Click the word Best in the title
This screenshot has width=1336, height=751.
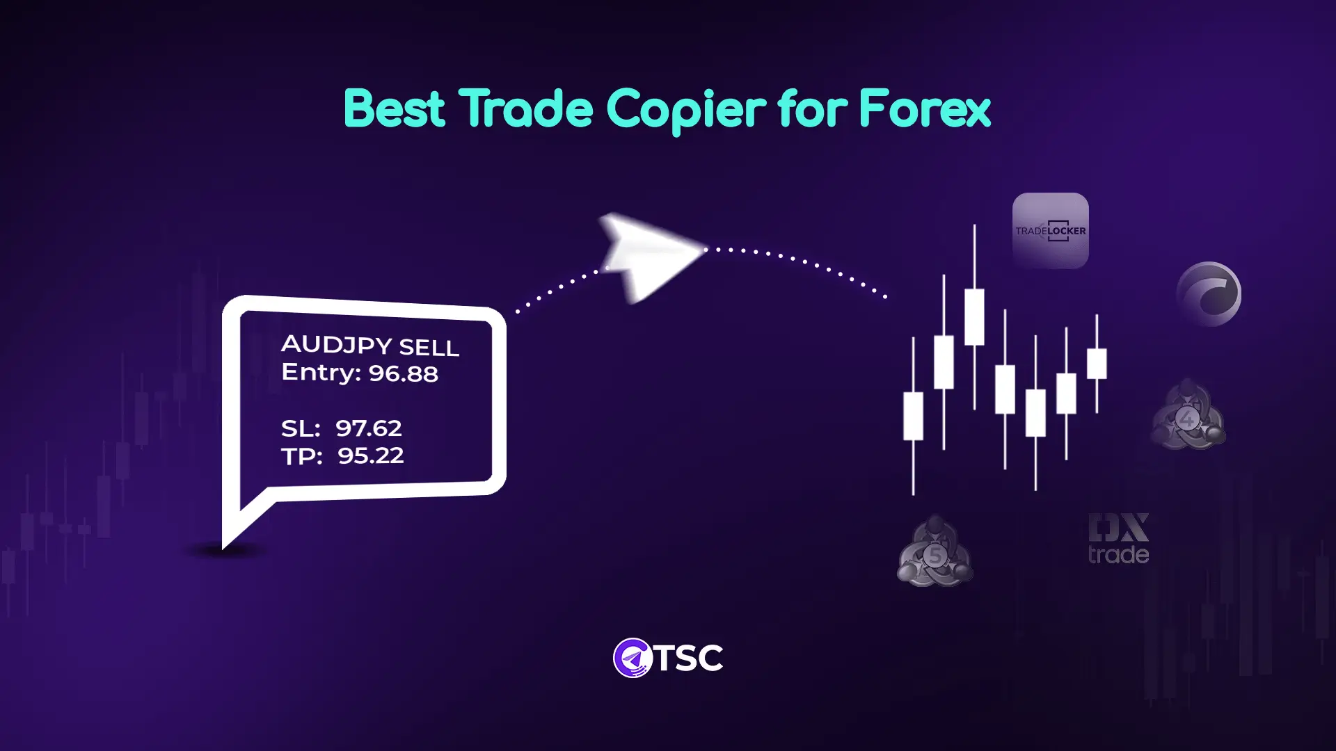(x=394, y=109)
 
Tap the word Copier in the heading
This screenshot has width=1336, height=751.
(x=686, y=110)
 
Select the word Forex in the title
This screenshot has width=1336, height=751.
(x=924, y=109)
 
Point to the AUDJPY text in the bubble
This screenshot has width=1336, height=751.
(x=336, y=344)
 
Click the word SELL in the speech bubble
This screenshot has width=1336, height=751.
(x=429, y=348)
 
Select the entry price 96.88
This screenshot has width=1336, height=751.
(x=403, y=373)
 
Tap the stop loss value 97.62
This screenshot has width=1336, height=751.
(x=368, y=428)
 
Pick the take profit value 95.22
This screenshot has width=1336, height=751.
(x=370, y=456)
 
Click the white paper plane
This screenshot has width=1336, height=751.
(x=651, y=255)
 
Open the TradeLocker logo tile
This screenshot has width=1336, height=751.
(x=1050, y=231)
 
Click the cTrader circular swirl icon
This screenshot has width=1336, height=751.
(x=1209, y=294)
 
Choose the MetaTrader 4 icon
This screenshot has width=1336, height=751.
(x=1187, y=415)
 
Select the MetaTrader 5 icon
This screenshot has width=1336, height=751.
(x=935, y=551)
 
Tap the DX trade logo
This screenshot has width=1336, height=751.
(x=1118, y=538)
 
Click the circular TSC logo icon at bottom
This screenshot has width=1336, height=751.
(x=632, y=658)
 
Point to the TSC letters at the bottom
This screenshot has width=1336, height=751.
(x=689, y=658)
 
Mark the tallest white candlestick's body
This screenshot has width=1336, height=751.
(x=974, y=317)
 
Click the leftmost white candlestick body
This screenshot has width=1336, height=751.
(x=913, y=416)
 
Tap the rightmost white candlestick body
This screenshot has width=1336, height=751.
(x=1097, y=364)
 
